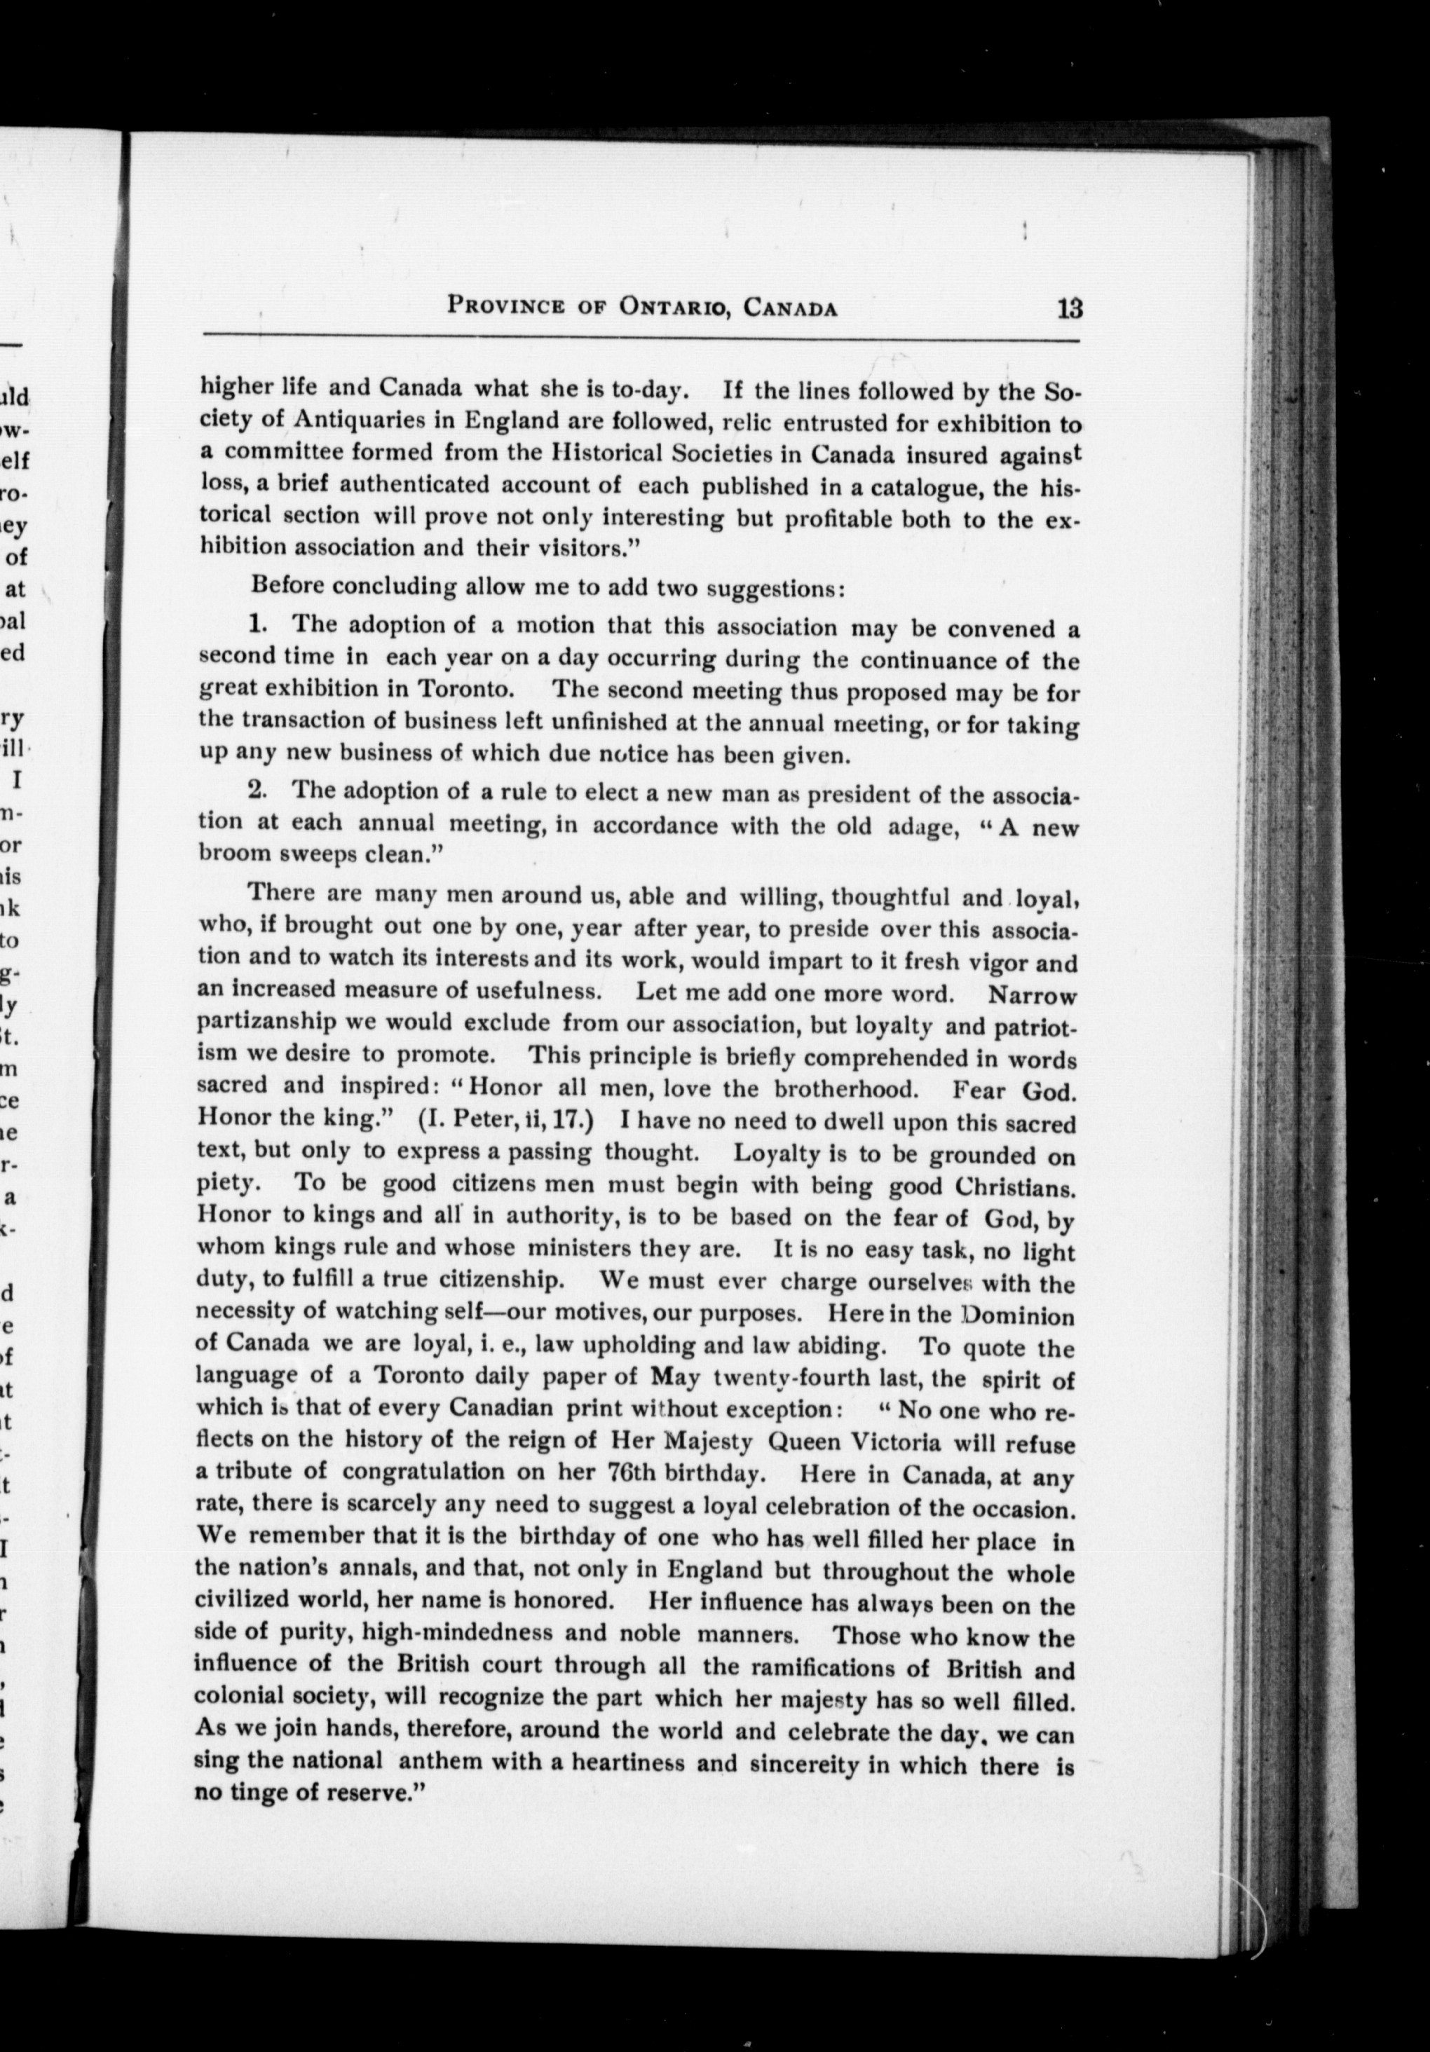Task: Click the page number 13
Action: (1069, 309)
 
